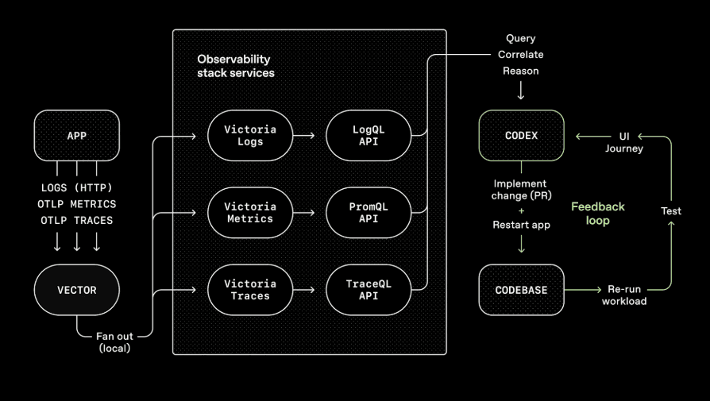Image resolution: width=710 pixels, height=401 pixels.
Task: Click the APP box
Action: pos(77,136)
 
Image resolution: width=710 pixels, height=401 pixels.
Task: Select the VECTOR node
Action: pos(77,290)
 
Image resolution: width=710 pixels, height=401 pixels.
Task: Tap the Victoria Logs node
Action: pos(250,136)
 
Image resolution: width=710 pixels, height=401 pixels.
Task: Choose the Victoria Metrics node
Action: pos(250,213)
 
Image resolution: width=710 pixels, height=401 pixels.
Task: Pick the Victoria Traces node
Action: pos(250,290)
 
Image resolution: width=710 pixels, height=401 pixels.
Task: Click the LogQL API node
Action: pos(369,136)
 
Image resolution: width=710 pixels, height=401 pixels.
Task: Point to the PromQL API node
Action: pos(369,213)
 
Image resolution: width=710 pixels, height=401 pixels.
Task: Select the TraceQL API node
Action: pos(369,290)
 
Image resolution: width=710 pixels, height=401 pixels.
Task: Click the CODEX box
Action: pos(521,136)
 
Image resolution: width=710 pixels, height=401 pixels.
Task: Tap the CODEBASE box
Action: pos(521,290)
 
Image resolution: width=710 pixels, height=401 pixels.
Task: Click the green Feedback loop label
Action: pos(597,214)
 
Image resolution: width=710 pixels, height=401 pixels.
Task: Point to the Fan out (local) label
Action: pos(114,342)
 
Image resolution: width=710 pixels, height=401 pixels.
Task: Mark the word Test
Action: pos(672,210)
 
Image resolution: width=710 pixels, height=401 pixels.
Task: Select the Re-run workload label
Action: pos(623,295)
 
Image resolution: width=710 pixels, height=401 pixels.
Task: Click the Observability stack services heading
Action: pos(235,66)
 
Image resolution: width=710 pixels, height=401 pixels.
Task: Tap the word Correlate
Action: pos(520,55)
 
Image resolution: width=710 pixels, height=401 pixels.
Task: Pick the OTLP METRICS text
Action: pos(77,204)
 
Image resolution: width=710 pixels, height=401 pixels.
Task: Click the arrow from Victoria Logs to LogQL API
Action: pos(304,136)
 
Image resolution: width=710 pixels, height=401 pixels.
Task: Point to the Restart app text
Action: pos(521,225)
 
